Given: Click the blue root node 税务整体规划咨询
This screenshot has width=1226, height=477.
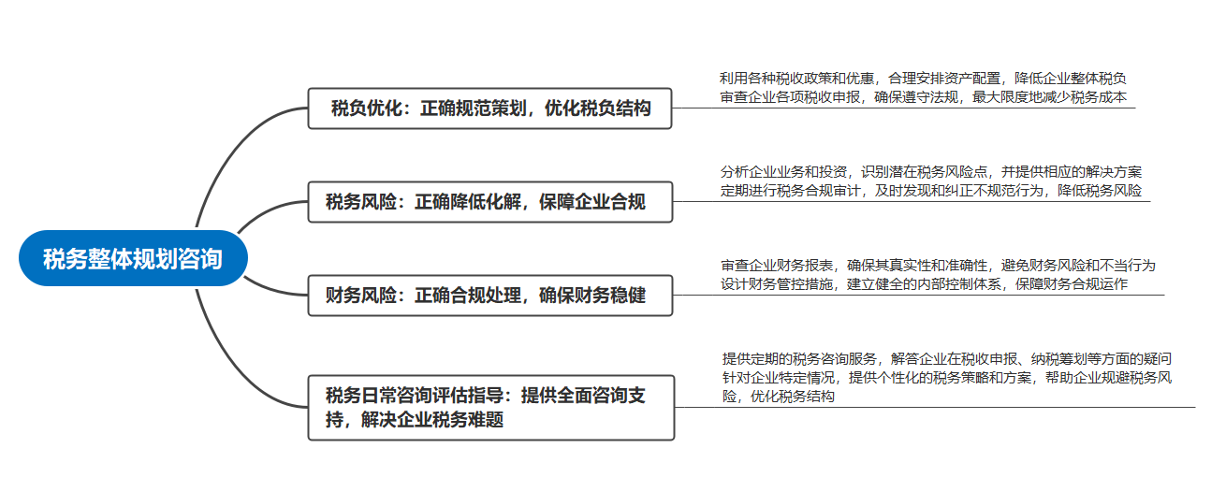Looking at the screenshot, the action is (x=133, y=258).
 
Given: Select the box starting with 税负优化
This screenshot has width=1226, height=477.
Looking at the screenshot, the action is (x=489, y=108).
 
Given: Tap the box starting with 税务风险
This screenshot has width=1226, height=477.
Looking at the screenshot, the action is (x=490, y=202).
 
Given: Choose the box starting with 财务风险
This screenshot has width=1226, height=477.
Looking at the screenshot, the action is (x=490, y=296).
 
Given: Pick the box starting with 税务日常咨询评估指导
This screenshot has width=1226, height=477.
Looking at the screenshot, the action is (x=491, y=408).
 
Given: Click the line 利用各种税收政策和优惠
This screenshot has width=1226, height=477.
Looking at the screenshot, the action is (x=922, y=79).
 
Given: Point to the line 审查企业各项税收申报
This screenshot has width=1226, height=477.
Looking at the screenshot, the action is (x=923, y=97).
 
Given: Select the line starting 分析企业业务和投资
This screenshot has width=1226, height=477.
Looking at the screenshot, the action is (x=930, y=172).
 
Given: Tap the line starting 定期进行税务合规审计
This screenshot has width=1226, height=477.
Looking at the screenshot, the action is (x=930, y=191).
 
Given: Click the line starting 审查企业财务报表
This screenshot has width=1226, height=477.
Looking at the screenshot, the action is (x=938, y=266).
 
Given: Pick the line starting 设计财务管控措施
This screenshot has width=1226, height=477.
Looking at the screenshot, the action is (x=924, y=284).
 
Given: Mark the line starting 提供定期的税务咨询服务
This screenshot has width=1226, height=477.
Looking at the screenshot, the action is (x=946, y=359).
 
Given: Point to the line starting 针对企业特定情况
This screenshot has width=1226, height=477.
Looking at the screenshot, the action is (x=946, y=378).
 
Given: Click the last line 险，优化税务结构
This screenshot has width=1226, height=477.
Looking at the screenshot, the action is (x=778, y=396).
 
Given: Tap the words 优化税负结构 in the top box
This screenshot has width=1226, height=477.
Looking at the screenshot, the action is (x=598, y=108).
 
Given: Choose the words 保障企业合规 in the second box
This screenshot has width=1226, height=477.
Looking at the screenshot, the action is (x=592, y=202).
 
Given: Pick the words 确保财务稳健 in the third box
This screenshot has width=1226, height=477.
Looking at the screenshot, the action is (x=592, y=296).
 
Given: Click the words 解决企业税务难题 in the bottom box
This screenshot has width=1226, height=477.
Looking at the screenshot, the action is (x=432, y=420).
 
